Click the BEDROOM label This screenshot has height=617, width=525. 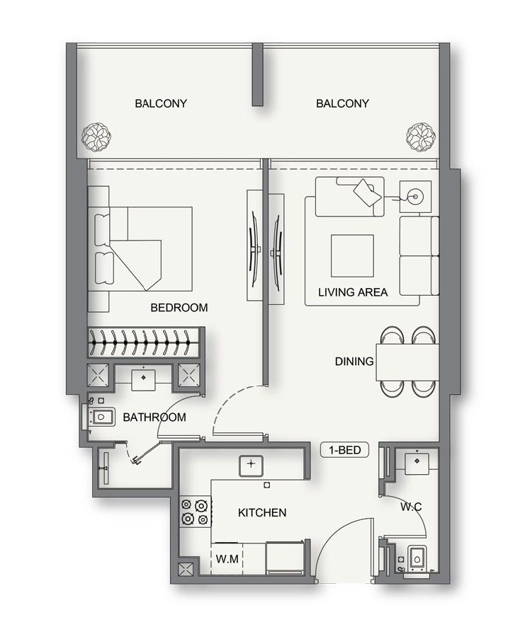(179, 308)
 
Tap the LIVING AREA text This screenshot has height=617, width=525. (353, 292)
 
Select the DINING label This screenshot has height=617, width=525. (354, 362)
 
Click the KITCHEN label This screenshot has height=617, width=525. (262, 512)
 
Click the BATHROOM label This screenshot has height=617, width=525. (154, 417)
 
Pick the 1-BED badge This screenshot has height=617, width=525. (345, 450)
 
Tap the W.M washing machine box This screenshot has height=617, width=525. (227, 559)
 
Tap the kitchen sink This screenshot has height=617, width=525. (250, 465)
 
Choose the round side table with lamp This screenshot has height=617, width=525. (414, 192)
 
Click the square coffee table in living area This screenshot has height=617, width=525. (352, 255)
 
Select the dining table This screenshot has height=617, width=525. (407, 362)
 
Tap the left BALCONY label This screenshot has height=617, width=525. (161, 103)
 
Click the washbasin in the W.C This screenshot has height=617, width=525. (415, 461)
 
